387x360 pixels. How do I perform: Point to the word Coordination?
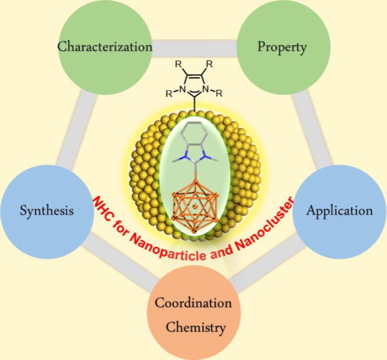(x=193, y=304)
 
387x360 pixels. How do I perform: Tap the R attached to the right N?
(x=219, y=92)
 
